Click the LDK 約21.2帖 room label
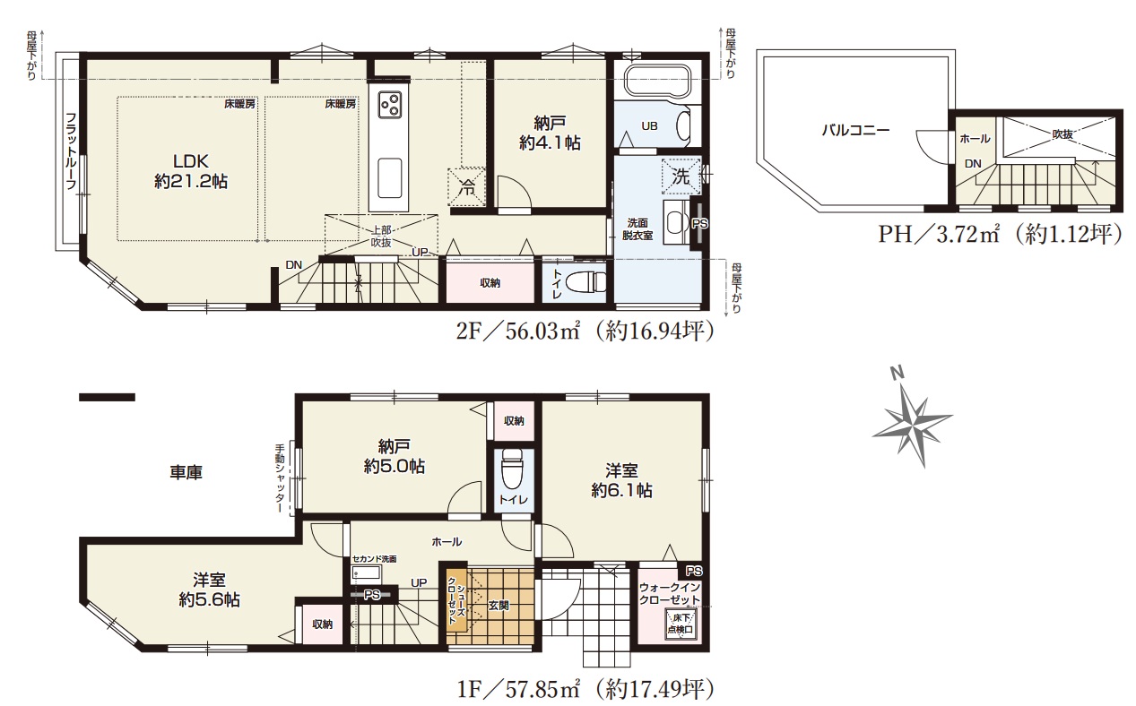coord(191,171)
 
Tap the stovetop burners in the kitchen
coord(389,105)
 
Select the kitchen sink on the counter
coord(389,178)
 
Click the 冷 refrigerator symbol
coord(466,187)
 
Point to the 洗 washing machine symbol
coord(681,176)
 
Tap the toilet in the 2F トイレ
coord(585,282)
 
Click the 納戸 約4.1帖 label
coord(550,133)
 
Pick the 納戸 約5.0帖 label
coord(394,456)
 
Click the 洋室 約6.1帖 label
coord(621,480)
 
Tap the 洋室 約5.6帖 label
coord(209,590)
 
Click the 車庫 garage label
coord(186,473)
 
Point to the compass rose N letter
coord(898,373)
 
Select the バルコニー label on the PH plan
coord(855,130)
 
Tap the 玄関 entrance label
coord(499,605)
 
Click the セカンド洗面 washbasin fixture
coord(366,574)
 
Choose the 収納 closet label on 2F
coord(490,283)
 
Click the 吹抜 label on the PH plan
coord(1062,134)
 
